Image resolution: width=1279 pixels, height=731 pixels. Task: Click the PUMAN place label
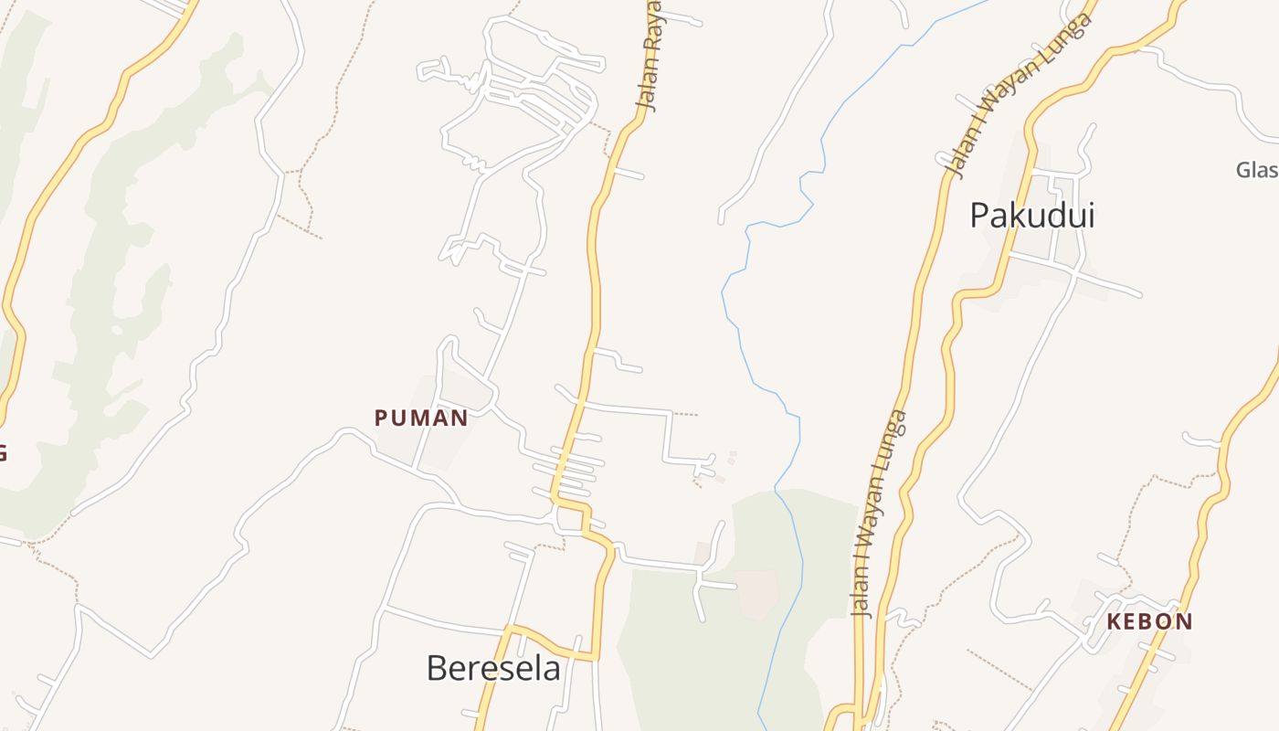[x=421, y=418]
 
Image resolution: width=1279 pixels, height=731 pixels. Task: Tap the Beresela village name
[x=493, y=668]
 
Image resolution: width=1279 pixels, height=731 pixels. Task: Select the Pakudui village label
[x=1031, y=216]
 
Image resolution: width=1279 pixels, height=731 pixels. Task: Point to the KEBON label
[x=1149, y=622]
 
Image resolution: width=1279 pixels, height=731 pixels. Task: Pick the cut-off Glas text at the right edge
[x=1256, y=170]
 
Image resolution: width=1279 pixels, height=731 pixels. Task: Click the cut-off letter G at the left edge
[x=3, y=452]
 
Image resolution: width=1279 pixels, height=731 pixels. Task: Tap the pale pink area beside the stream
[x=757, y=593]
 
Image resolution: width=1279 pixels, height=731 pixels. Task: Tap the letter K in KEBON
[x=1115, y=622]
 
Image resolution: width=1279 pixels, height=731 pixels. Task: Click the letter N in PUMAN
[x=459, y=418]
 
